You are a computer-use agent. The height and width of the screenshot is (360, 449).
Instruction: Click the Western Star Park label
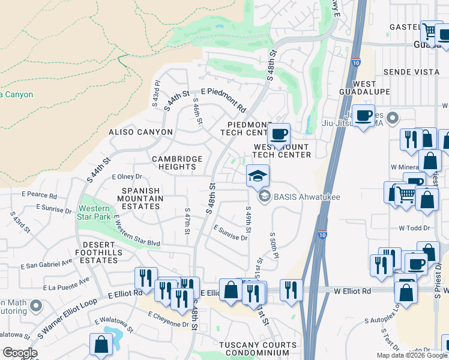[x=93, y=212]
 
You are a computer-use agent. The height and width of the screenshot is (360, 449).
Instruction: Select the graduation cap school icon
[x=257, y=176]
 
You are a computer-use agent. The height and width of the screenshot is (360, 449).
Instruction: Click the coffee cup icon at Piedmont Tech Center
[x=279, y=134]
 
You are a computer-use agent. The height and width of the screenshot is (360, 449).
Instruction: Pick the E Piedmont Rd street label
[x=224, y=100]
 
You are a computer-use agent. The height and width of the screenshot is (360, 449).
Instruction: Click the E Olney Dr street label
[x=127, y=177]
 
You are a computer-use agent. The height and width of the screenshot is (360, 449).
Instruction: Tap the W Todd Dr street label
[x=414, y=228]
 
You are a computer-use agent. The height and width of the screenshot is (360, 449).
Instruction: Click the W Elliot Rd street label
[x=352, y=290]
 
